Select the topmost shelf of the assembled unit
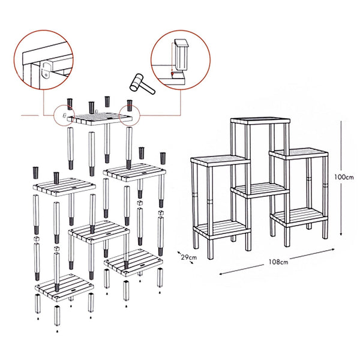click(260, 119)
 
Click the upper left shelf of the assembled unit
click(220, 160)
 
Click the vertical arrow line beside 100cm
click(340, 178)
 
